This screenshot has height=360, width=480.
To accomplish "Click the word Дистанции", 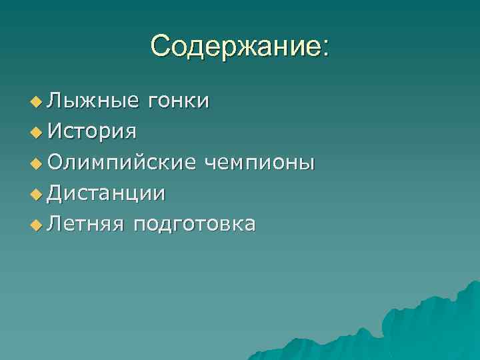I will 107,193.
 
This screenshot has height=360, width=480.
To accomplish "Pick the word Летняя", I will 86,224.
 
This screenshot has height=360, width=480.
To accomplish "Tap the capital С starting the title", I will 160,46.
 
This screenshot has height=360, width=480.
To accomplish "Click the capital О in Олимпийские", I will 56,162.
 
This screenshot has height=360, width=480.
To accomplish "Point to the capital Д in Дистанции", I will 56,193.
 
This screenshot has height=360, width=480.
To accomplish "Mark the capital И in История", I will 55,131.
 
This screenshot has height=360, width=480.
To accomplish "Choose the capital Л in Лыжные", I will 55,101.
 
